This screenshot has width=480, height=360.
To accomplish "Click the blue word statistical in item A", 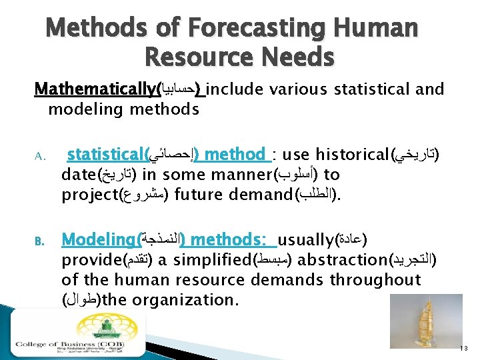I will click(x=105, y=155).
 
